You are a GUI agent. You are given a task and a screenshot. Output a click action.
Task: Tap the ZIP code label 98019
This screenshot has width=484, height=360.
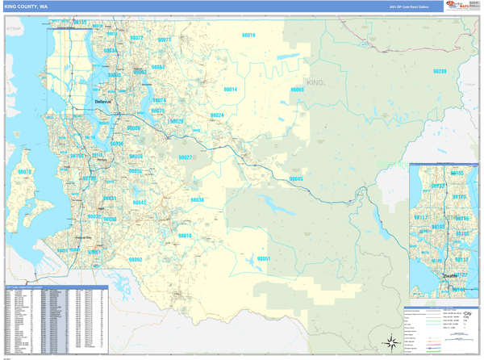click(248, 36)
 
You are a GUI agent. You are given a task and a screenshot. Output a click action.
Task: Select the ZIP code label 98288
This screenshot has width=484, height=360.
click(440, 72)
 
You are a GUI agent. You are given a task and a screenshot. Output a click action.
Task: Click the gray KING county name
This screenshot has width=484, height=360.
click(315, 83)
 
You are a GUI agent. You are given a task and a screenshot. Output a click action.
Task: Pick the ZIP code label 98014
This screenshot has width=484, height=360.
click(230, 89)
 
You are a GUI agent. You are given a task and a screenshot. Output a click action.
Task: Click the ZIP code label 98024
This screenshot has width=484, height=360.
click(217, 115)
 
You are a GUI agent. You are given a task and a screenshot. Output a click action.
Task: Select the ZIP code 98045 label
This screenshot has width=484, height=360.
click(296, 178)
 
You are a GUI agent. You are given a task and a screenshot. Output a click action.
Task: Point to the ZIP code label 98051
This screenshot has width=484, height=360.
click(263, 258)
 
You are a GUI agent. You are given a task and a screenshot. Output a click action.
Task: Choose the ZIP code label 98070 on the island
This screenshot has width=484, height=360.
click(24, 172)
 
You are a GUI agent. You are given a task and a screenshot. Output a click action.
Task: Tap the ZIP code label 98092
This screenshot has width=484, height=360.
click(136, 260)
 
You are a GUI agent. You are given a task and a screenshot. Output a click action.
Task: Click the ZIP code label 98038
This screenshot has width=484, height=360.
click(198, 199)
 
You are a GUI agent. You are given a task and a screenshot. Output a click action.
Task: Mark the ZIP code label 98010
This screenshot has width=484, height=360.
click(185, 236)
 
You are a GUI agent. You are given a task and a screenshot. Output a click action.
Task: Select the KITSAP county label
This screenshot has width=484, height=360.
click(14, 28)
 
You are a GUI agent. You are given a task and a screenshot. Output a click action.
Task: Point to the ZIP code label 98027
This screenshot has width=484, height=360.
click(186, 157)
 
